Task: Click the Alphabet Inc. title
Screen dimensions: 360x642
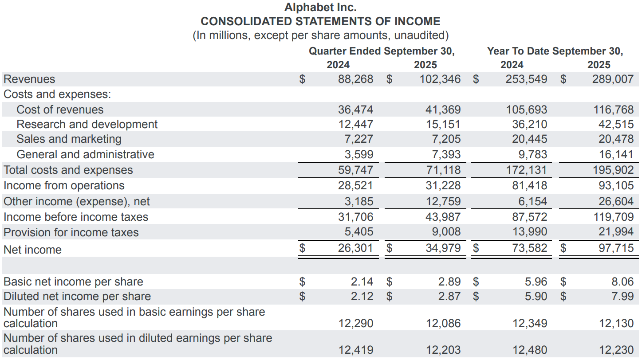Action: pos(320,7)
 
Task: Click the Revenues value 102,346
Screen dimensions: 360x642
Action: pos(440,79)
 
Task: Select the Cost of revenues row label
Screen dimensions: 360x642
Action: pos(60,110)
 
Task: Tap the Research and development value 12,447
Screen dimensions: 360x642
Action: pos(356,125)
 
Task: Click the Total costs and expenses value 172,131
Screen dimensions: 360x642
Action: pos(527,170)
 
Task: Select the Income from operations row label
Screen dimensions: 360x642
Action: pos(64,186)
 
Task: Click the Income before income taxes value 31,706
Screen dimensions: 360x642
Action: pos(356,217)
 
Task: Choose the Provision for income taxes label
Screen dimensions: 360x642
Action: pos(71,232)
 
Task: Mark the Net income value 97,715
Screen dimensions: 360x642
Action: pos(616,248)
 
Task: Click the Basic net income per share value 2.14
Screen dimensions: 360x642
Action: pos(362,282)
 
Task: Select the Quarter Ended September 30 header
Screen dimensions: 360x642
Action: pos(382,51)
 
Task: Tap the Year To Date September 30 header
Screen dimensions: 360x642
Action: pos(555,51)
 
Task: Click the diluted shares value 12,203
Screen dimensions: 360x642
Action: pos(443,350)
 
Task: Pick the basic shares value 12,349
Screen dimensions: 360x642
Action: pos(530,324)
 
